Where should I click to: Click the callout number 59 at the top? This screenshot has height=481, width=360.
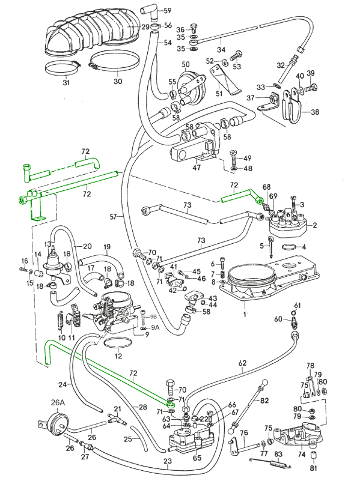click(167, 11)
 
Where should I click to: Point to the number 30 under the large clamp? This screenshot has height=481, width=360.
click(118, 81)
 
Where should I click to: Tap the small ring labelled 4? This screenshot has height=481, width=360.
click(288, 247)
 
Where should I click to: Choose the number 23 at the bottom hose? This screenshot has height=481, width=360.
click(167, 462)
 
